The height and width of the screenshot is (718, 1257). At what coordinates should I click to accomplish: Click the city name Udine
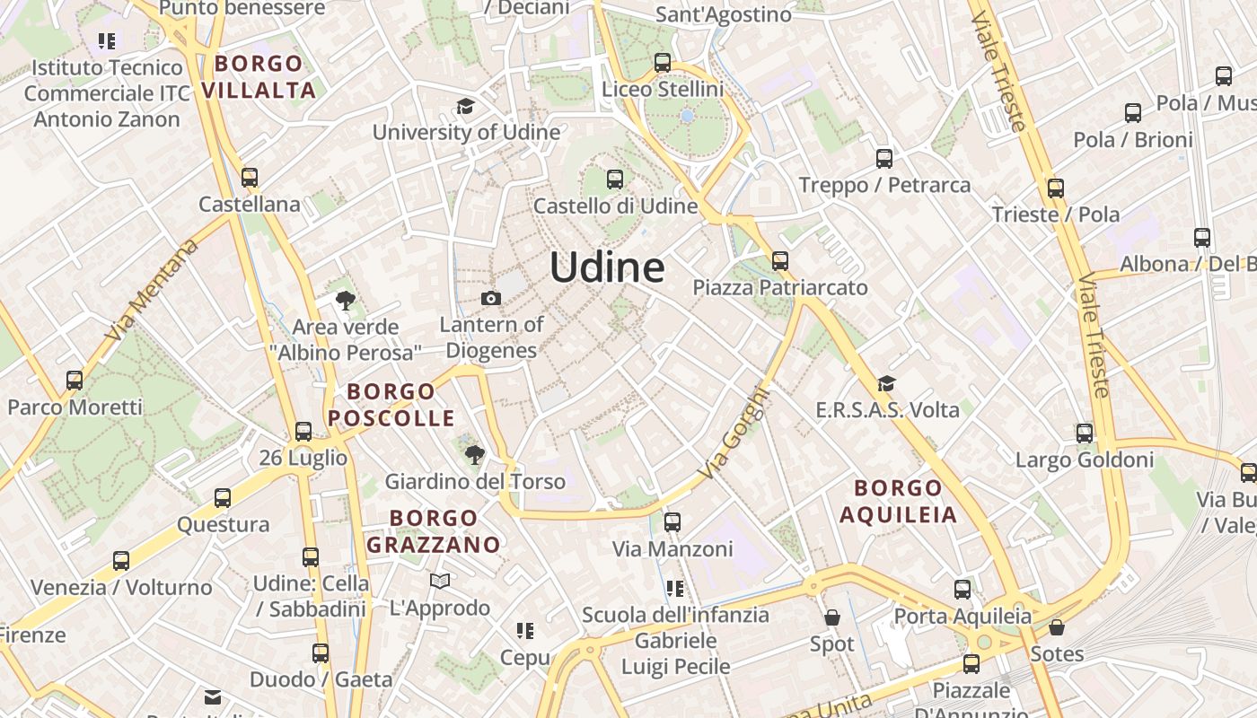607,267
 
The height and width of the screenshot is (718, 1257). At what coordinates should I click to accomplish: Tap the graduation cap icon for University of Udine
465,107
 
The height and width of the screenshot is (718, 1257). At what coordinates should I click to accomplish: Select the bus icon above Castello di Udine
615,179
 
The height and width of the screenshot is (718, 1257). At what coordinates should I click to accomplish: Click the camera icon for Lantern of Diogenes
491,298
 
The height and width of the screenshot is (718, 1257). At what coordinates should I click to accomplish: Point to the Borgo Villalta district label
259,77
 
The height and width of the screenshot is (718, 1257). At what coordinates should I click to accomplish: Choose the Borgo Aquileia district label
898,502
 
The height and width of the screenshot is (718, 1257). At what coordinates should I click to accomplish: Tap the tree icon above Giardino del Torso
474,455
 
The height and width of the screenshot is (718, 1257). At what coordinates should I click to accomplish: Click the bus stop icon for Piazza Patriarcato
780,261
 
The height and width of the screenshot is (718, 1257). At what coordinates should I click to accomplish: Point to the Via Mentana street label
151,290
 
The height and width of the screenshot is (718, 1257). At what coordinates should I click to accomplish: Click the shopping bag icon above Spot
832,617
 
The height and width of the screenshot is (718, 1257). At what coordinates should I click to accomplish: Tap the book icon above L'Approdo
440,582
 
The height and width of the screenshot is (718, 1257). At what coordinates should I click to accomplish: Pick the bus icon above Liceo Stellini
663,63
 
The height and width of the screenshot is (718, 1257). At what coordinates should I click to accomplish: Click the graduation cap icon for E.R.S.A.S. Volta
887,384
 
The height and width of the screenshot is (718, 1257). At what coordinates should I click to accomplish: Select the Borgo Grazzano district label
434,531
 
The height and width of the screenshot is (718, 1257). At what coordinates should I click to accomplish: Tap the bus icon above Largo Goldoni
1085,433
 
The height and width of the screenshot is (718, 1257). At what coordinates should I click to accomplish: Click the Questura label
223,524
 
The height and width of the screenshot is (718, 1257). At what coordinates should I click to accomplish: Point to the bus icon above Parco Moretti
75,381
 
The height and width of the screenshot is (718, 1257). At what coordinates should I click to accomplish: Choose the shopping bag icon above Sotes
1057,627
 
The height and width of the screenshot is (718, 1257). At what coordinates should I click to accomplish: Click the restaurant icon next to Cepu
525,631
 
